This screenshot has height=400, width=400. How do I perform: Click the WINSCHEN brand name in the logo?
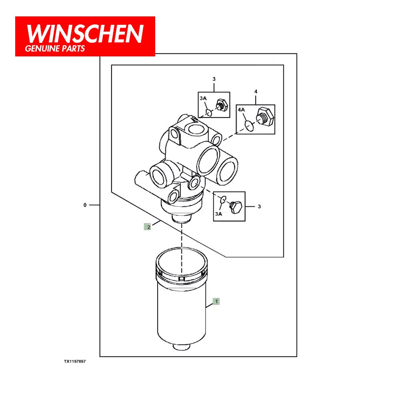[85, 34]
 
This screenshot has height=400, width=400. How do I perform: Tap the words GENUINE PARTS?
[55, 48]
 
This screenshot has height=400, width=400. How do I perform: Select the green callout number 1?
[216, 302]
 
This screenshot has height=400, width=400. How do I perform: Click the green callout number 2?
[148, 227]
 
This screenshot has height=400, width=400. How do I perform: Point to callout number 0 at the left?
[85, 205]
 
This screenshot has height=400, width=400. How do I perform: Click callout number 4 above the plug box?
[256, 92]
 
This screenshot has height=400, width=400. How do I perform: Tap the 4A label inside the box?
[241, 110]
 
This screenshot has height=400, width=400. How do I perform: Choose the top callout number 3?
[214, 79]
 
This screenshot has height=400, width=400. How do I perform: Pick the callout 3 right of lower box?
[259, 206]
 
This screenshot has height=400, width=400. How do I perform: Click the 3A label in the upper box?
[203, 98]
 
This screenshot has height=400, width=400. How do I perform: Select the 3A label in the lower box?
[219, 214]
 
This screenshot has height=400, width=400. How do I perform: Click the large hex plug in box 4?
[265, 116]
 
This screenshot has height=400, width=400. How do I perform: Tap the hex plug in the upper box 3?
[222, 104]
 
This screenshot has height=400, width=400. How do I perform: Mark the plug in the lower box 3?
[236, 207]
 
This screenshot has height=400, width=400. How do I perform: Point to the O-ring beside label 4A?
[249, 126]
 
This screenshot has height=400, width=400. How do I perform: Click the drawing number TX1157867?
[75, 361]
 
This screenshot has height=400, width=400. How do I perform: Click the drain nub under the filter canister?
[181, 347]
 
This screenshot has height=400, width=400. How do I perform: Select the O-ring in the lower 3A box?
[223, 199]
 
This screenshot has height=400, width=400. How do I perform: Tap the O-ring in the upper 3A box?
[209, 112]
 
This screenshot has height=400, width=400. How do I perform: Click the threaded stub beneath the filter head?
[182, 218]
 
